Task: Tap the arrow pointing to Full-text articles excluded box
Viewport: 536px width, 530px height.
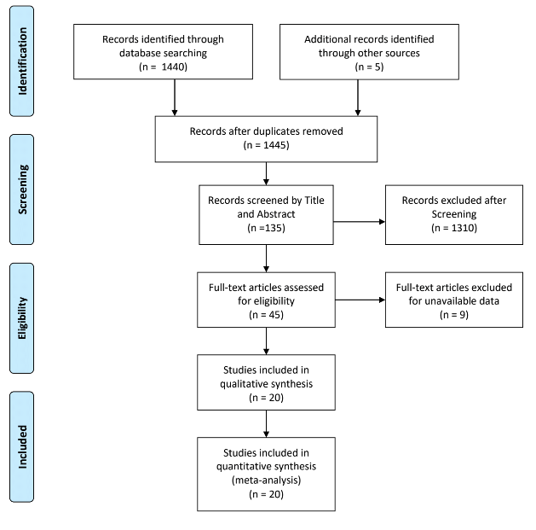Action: (x=359, y=300)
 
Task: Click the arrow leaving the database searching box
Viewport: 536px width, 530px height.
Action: (x=174, y=100)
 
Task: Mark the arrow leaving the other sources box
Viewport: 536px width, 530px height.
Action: (x=356, y=100)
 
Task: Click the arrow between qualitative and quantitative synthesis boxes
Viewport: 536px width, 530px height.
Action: (x=266, y=423)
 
